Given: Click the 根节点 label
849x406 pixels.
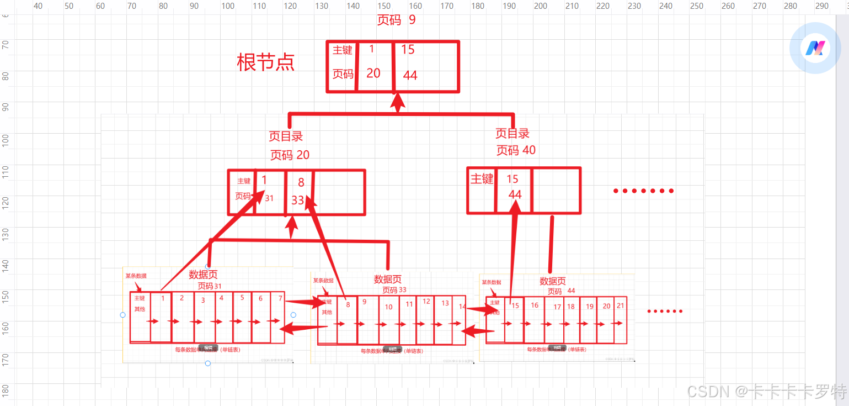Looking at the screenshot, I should click(x=265, y=62).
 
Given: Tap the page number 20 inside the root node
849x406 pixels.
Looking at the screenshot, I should click(x=373, y=73).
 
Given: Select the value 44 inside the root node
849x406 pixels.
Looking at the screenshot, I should click(x=410, y=76).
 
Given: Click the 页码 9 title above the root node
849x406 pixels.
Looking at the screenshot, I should click(x=396, y=20).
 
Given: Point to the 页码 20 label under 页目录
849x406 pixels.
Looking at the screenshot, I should click(x=290, y=155).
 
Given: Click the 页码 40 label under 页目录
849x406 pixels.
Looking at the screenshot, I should click(x=516, y=150).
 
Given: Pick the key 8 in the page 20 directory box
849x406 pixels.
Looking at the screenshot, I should click(x=301, y=183).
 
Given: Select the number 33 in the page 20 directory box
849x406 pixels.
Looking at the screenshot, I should click(x=298, y=200).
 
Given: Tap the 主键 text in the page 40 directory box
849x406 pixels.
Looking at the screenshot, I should click(x=482, y=179).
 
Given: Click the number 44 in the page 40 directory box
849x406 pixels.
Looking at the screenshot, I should click(x=515, y=194).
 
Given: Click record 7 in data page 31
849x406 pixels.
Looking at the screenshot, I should click(x=280, y=298).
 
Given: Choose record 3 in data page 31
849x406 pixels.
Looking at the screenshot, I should click(x=203, y=300).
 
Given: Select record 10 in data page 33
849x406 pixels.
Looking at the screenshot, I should click(x=389, y=307).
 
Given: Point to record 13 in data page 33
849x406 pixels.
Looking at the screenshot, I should click(x=445, y=303).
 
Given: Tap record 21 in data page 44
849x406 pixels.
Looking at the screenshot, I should click(x=621, y=305).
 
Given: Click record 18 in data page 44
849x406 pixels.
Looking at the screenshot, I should click(x=571, y=307).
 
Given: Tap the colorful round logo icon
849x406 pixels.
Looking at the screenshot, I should click(x=815, y=48).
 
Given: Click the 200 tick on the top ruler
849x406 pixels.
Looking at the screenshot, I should click(x=541, y=6).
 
